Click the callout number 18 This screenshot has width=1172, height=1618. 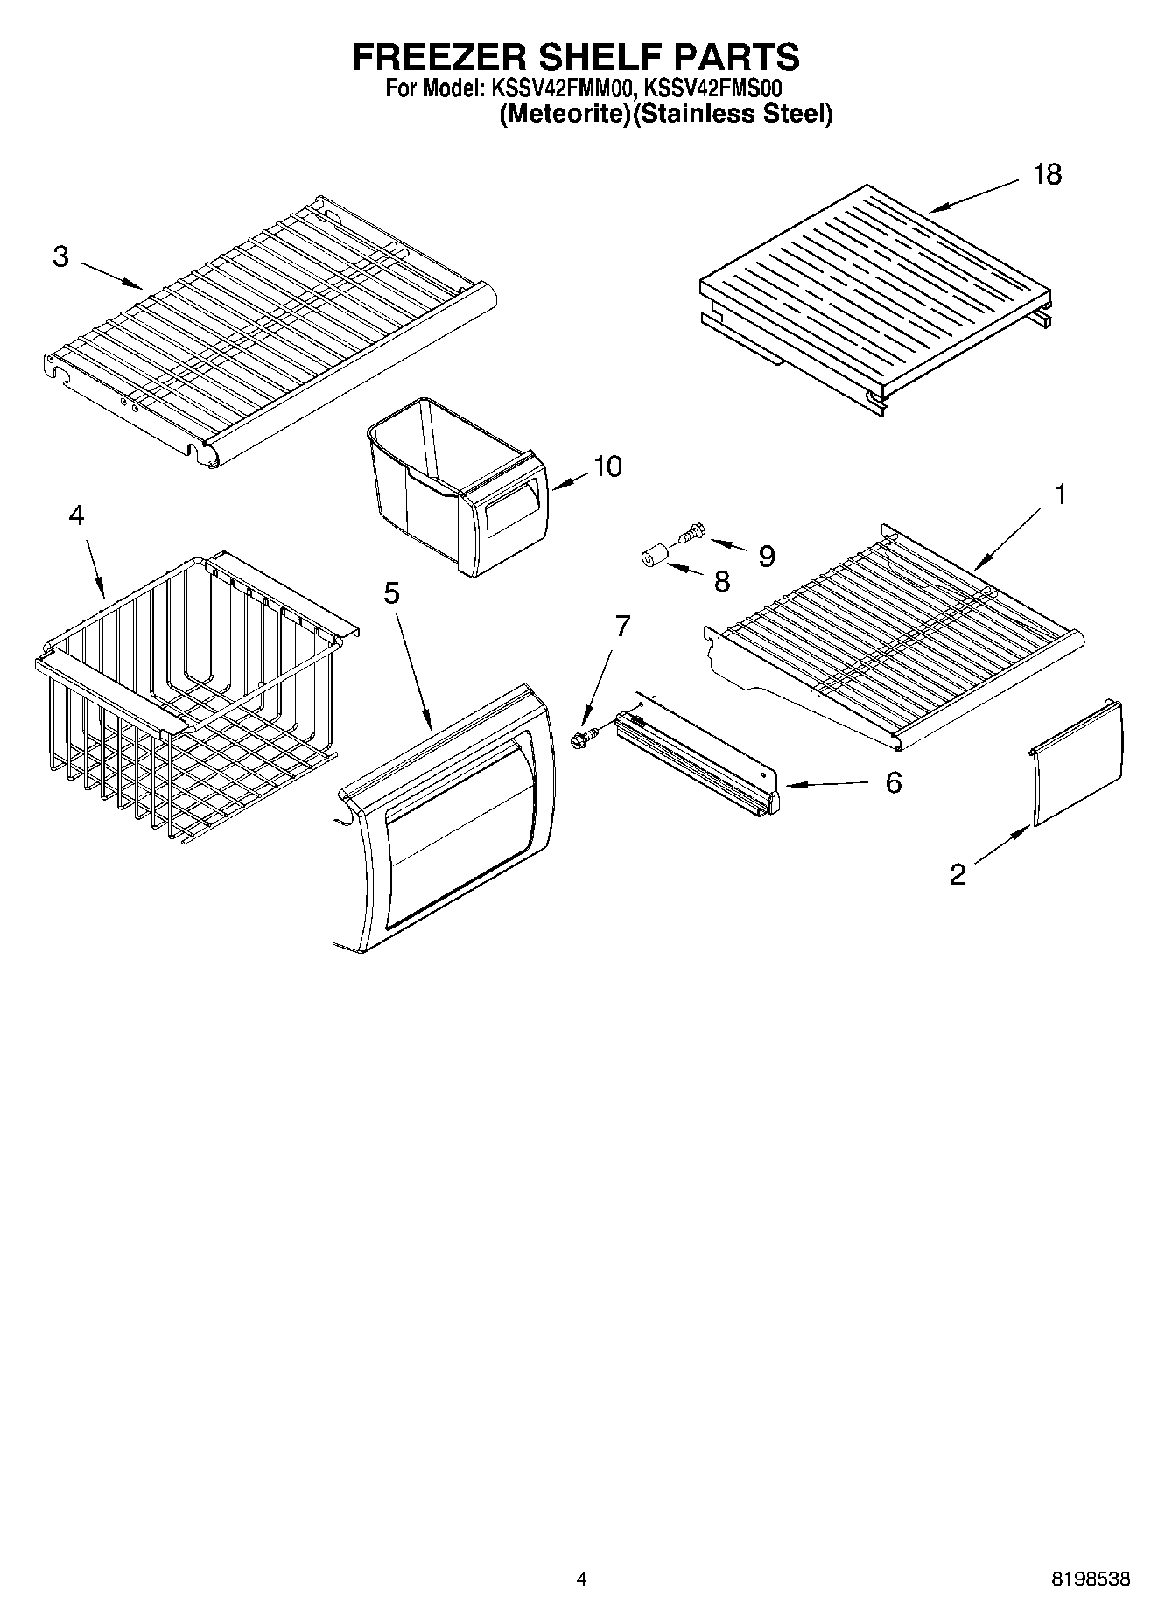tap(1047, 174)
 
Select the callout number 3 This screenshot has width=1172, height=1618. tap(60, 256)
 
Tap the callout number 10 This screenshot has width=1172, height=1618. tap(607, 466)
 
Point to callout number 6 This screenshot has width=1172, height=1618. tap(893, 782)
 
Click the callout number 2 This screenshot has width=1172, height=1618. tap(958, 873)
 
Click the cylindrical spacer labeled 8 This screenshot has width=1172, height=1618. tap(651, 558)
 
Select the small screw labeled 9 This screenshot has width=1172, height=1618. tap(691, 530)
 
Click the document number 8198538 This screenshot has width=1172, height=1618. tap(1090, 1580)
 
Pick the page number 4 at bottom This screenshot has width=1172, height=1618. tap(581, 1580)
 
